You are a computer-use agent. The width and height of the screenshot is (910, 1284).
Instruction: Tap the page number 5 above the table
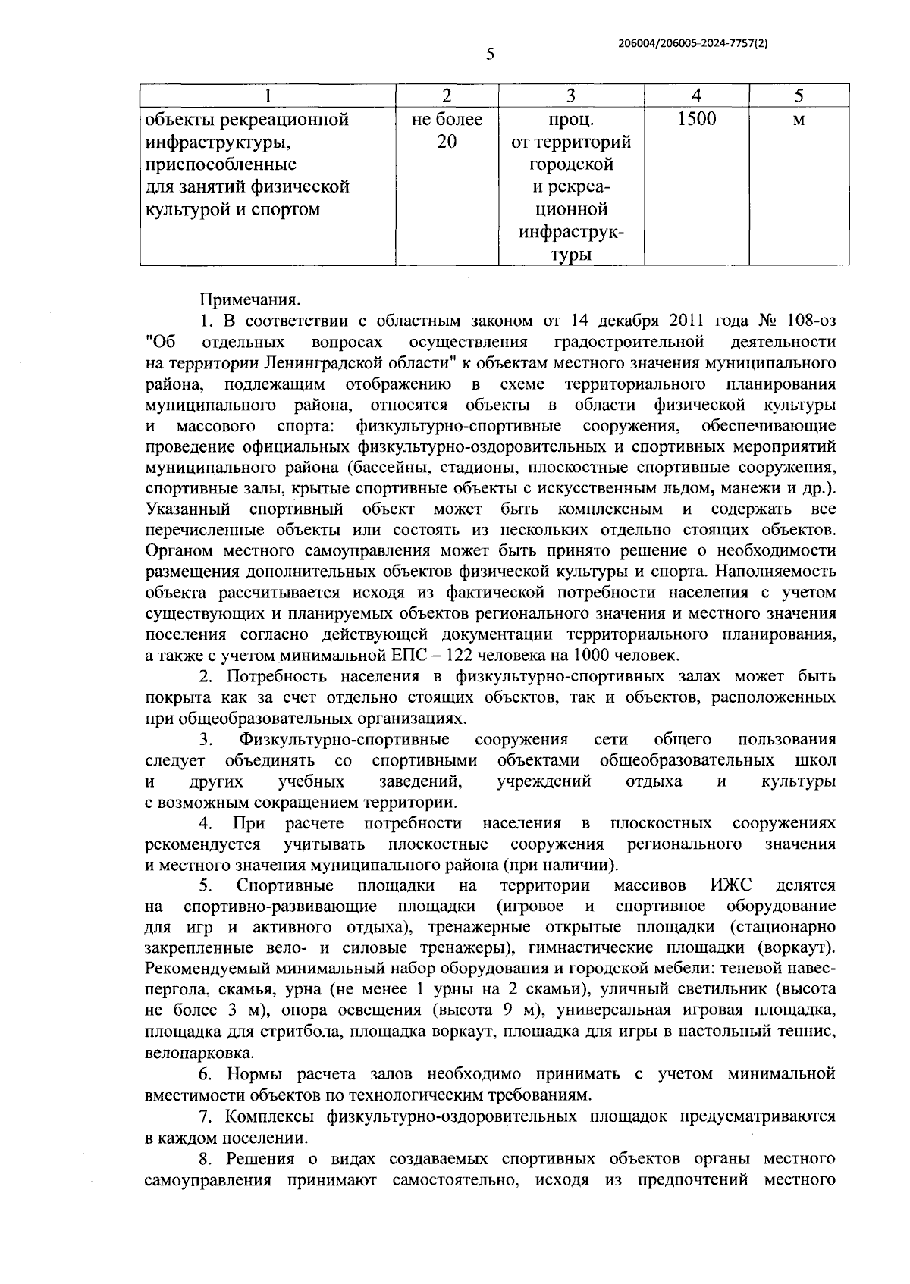(490, 54)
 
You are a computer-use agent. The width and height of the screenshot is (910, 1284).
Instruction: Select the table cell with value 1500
(696, 119)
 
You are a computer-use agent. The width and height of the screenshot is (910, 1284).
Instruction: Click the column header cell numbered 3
(571, 96)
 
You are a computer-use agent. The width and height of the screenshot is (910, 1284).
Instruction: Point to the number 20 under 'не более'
(447, 141)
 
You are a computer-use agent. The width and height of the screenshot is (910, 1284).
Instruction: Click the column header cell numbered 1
(268, 96)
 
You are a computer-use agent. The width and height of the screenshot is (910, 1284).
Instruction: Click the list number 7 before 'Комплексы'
(204, 1116)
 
